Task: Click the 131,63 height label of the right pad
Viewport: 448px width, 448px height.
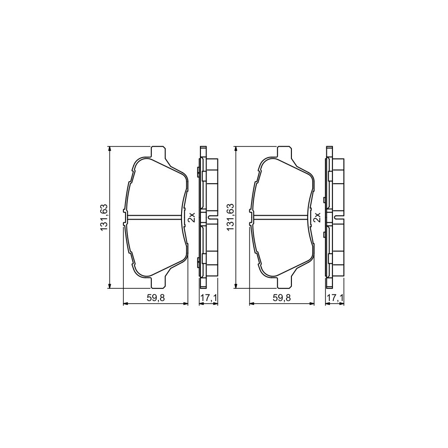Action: point(230,217)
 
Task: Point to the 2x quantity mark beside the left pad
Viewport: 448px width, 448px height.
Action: point(192,217)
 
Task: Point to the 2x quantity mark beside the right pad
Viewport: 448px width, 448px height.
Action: point(318,217)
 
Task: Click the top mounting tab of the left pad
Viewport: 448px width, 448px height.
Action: point(158,152)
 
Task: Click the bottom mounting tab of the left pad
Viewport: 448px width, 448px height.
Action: point(158,283)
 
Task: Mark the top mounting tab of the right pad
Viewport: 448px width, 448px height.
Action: point(284,152)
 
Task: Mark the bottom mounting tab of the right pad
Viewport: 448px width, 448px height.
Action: point(284,283)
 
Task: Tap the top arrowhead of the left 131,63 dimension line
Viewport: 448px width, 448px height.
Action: point(109,149)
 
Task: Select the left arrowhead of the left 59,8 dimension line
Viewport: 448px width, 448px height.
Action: point(126,304)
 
